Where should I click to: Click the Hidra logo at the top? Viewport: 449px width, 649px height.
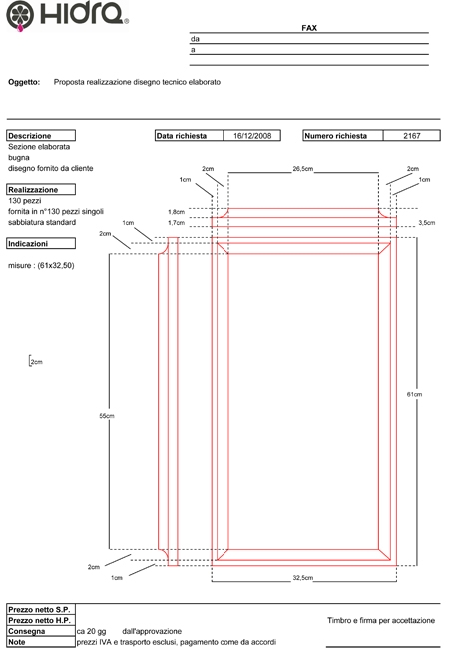pyautogui.click(x=67, y=16)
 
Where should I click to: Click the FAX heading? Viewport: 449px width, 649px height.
pyautogui.click(x=309, y=28)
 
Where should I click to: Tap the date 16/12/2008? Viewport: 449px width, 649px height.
pyautogui.click(x=252, y=136)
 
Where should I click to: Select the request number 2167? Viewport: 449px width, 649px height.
pyautogui.click(x=412, y=136)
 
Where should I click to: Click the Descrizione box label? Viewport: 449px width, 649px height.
pyautogui.click(x=29, y=136)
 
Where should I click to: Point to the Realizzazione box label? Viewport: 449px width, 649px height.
pyautogui.click(x=33, y=190)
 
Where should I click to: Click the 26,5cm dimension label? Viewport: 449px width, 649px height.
pyautogui.click(x=303, y=169)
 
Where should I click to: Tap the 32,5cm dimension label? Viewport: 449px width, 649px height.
pyautogui.click(x=303, y=578)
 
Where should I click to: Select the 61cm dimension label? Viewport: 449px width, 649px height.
pyautogui.click(x=414, y=394)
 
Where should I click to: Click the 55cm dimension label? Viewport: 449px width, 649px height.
pyautogui.click(x=106, y=416)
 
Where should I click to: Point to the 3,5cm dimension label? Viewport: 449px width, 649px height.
pyautogui.click(x=427, y=223)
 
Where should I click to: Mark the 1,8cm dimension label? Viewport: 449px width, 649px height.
pyautogui.click(x=177, y=212)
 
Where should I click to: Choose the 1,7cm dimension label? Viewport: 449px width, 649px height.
pyautogui.click(x=177, y=223)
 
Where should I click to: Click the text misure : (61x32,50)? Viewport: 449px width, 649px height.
pyautogui.click(x=41, y=266)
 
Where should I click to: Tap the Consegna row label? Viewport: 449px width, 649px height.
pyautogui.click(x=27, y=631)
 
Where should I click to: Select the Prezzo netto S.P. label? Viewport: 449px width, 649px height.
pyautogui.click(x=39, y=610)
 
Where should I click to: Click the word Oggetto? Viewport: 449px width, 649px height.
pyautogui.click(x=24, y=82)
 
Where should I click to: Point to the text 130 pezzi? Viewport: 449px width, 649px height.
pyautogui.click(x=24, y=201)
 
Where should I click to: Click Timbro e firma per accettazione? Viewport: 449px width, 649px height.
pyautogui.click(x=381, y=620)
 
